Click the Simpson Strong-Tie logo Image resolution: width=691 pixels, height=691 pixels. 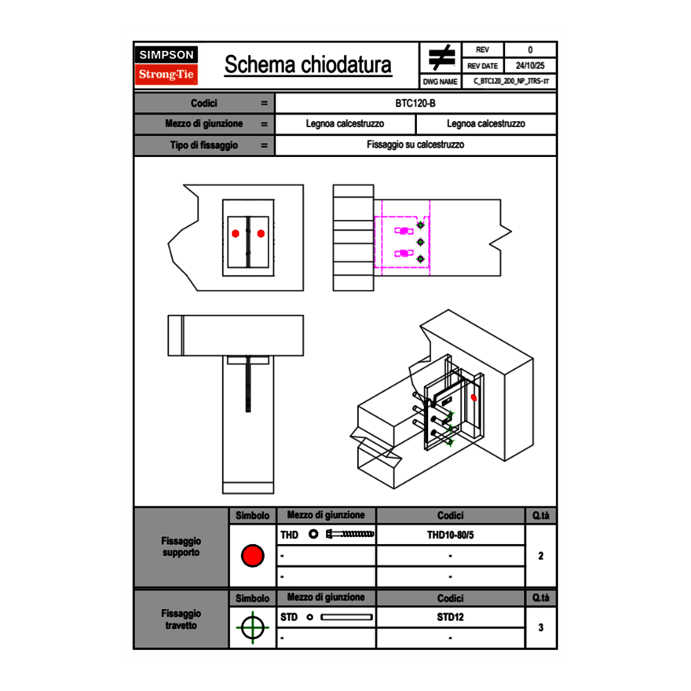[167, 65]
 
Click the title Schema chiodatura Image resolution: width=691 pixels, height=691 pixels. [308, 65]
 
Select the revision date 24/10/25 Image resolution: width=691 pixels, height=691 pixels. [530, 66]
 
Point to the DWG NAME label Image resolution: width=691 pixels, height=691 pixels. [441, 82]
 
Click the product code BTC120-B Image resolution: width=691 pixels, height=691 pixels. [416, 103]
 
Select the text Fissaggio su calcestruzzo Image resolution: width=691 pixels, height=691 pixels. [416, 145]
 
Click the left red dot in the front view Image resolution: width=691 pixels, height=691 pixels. [236, 232]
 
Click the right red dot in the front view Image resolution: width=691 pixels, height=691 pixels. [261, 232]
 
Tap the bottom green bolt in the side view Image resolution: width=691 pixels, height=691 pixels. [420, 259]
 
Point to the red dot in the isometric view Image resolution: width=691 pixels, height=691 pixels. [473, 398]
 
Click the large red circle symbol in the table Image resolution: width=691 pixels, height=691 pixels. [252, 556]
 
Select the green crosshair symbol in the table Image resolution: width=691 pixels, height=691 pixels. [252, 627]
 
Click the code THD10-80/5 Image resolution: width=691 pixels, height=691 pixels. [450, 535]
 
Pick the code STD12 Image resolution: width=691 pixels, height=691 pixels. [450, 617]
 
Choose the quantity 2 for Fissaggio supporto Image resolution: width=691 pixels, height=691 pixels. [541, 556]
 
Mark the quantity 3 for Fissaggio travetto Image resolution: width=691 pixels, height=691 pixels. [541, 627]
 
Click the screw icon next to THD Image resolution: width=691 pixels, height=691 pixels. [350, 535]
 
